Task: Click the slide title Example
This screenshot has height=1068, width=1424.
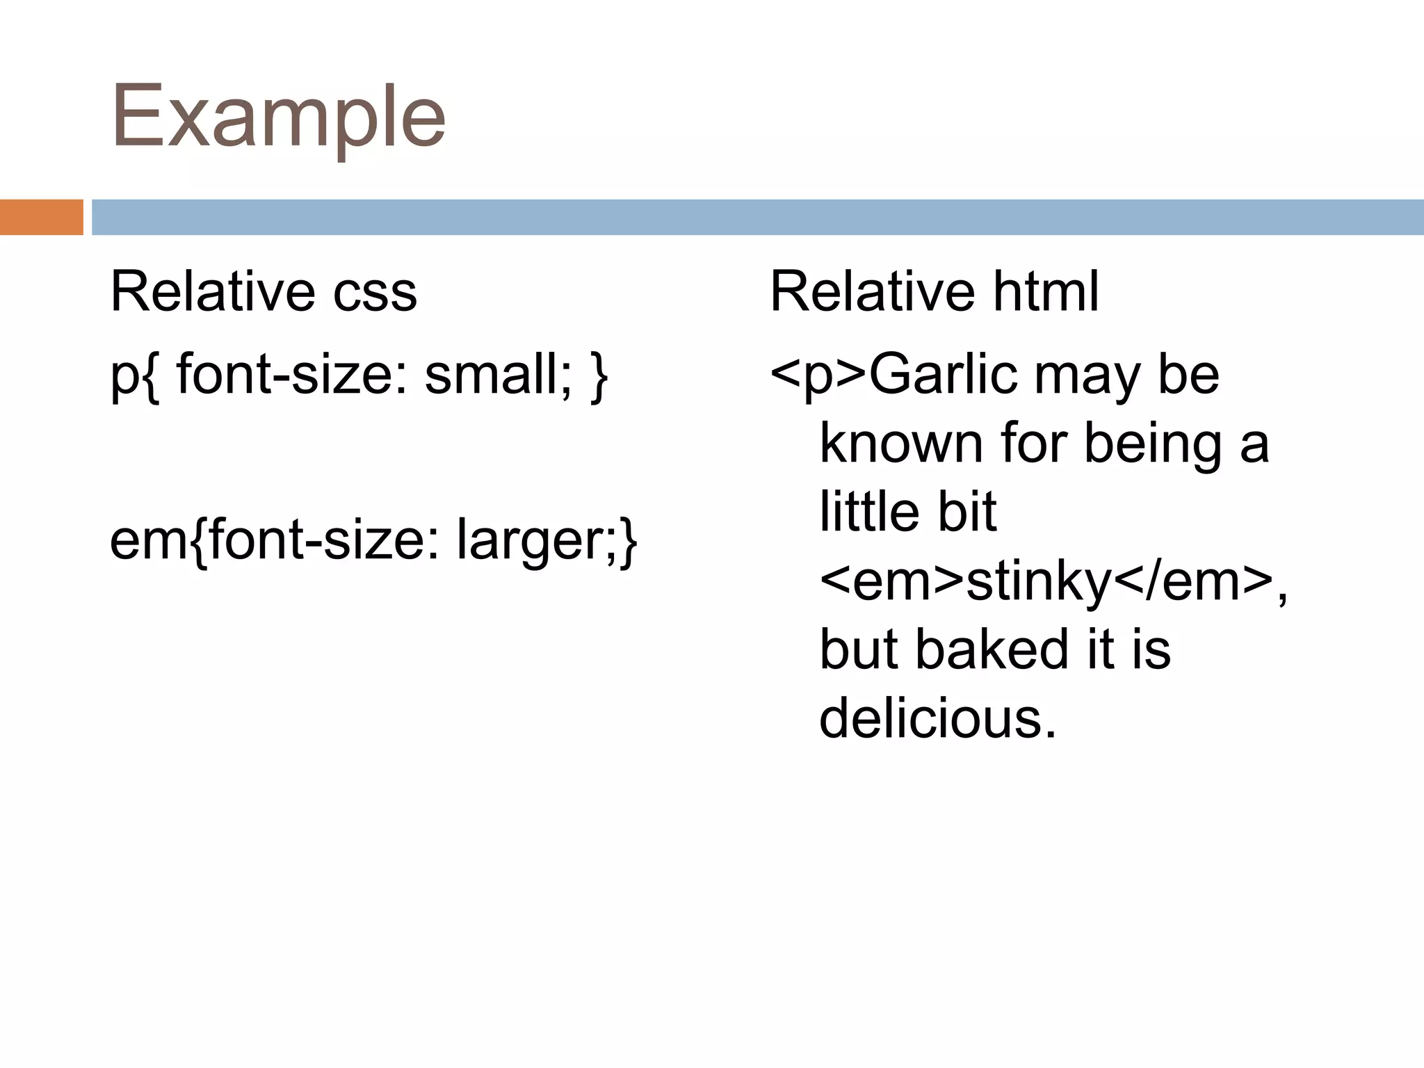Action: [278, 117]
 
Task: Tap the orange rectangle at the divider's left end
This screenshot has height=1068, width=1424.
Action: [41, 217]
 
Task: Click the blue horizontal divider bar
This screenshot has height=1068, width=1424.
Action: [757, 217]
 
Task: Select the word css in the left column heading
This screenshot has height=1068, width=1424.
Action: [375, 292]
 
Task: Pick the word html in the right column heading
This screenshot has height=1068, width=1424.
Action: [1046, 292]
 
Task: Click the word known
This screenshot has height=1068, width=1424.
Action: [901, 444]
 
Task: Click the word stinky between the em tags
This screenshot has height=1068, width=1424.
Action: [1040, 581]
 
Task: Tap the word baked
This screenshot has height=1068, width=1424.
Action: [991, 649]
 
